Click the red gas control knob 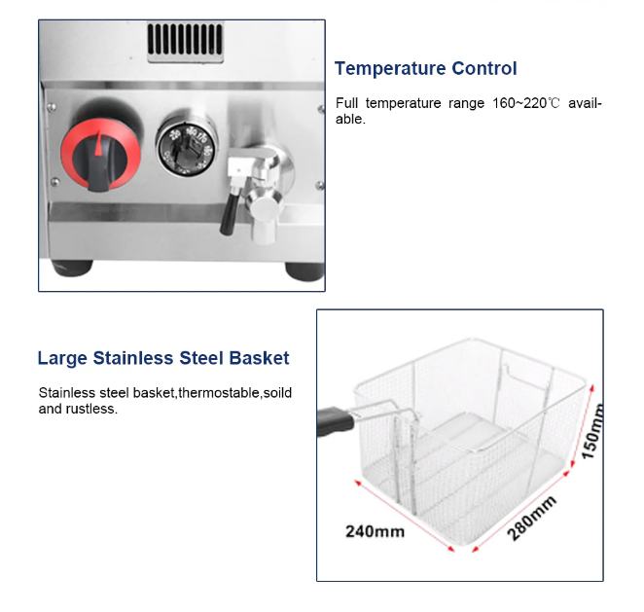[x=101, y=155]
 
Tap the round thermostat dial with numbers [x=187, y=148]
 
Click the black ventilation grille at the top [x=185, y=40]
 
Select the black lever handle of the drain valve [x=229, y=214]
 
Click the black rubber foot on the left [x=72, y=269]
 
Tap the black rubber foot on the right [x=304, y=271]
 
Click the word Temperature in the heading [x=390, y=68]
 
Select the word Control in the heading [x=484, y=68]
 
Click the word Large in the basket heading [x=62, y=359]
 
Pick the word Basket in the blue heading [x=259, y=358]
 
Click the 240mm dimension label [x=375, y=531]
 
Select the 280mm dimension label [x=532, y=519]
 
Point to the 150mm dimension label [x=593, y=432]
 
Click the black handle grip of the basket [x=335, y=421]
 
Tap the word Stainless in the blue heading [x=133, y=358]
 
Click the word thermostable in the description [x=220, y=393]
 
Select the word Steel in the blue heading [x=201, y=358]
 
